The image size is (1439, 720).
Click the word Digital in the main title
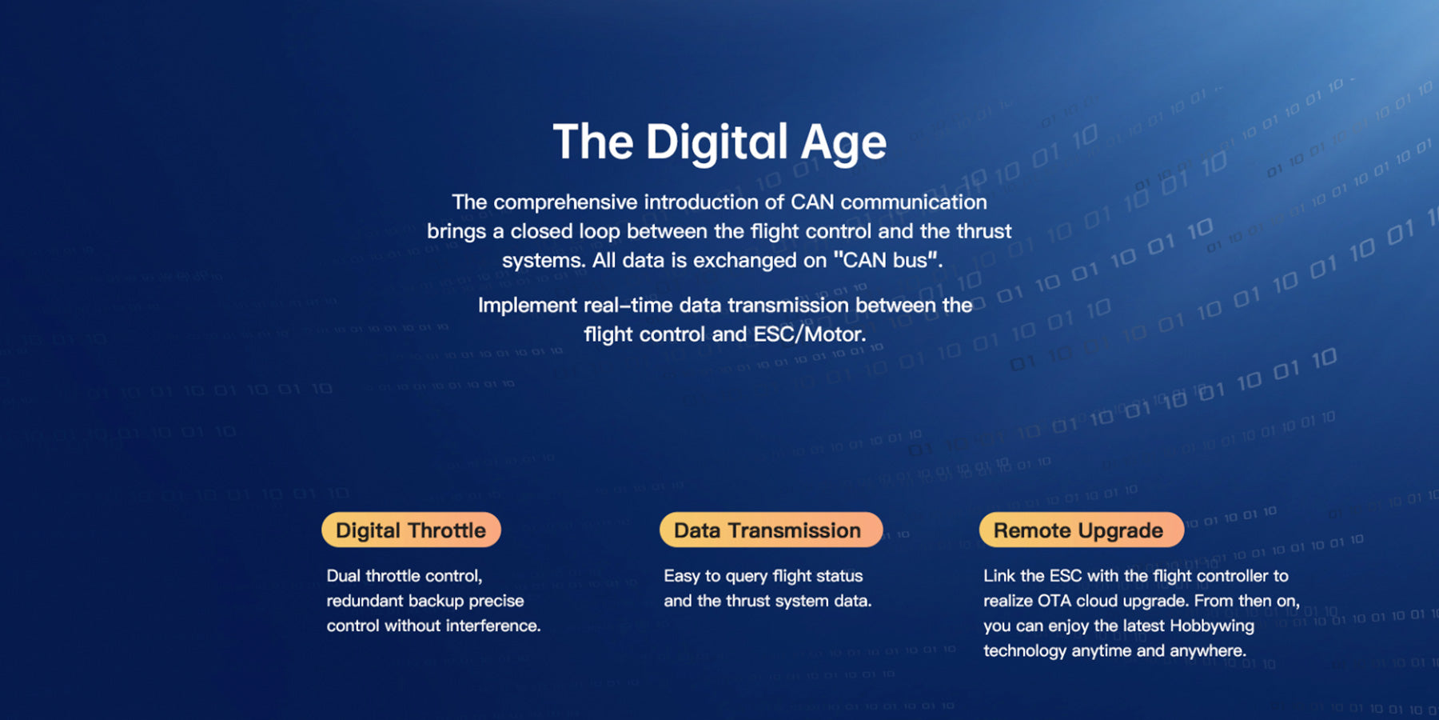click(x=716, y=143)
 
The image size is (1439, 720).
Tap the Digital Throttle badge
click(x=411, y=530)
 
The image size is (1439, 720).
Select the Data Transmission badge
click(x=771, y=530)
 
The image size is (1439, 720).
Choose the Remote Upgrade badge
click(x=1081, y=530)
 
